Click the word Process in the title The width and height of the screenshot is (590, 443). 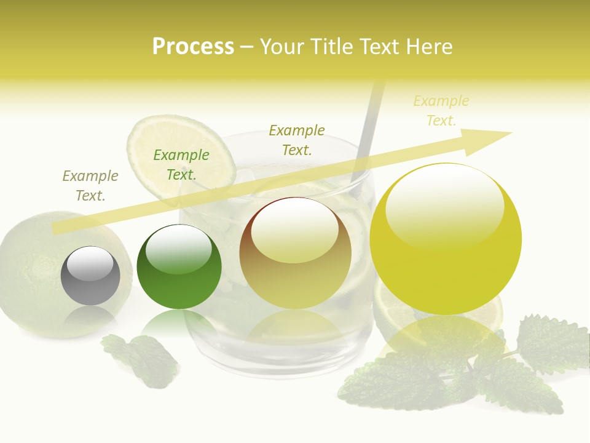[193, 46]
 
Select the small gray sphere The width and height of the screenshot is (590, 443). [90, 276]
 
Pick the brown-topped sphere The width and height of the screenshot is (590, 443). [296, 253]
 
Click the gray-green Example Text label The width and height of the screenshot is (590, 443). [90, 186]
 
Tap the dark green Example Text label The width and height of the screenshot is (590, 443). [181, 165]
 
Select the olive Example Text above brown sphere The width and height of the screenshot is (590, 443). [297, 140]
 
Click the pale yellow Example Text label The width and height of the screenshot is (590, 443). [441, 111]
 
